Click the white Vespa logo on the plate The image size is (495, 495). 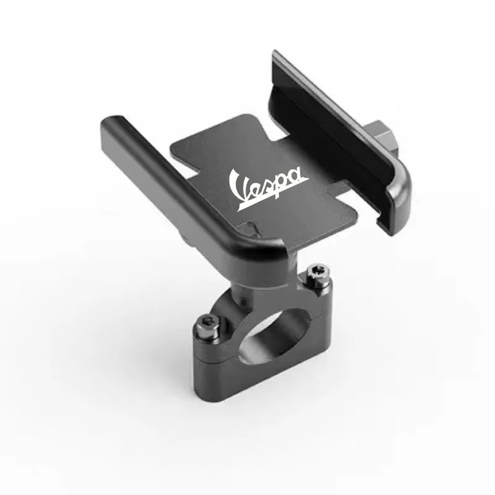pyautogui.click(x=269, y=189)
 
